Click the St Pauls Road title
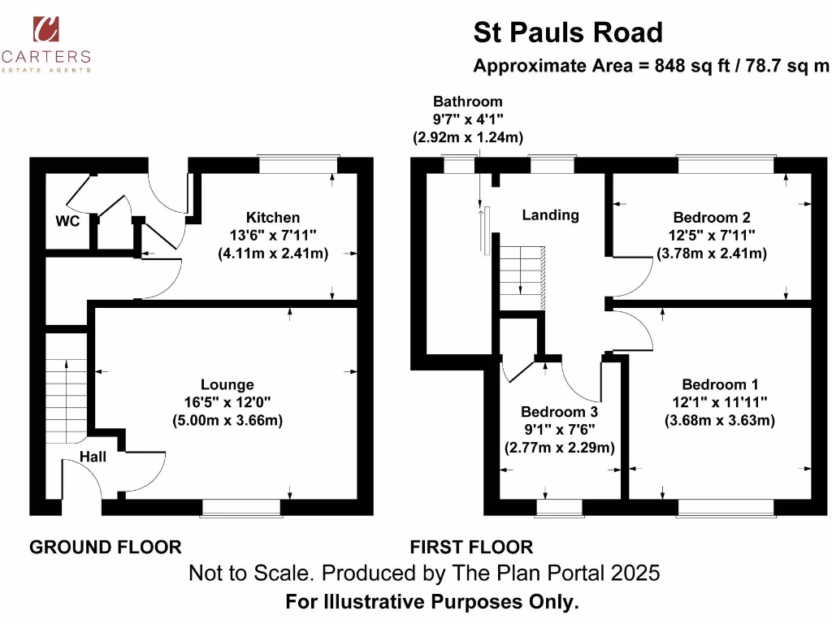point(568,32)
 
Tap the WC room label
point(67,221)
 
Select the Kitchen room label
point(273,218)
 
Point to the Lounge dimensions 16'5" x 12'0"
point(227,402)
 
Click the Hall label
point(93,457)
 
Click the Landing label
point(550,215)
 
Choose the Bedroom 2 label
point(712,218)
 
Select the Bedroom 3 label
point(559,412)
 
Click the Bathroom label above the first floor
point(467,102)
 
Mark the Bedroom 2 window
point(726,163)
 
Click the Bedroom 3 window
point(559,508)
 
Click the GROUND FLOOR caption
point(106,547)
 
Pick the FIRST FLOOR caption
point(471,547)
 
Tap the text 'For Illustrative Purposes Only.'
point(432,603)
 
